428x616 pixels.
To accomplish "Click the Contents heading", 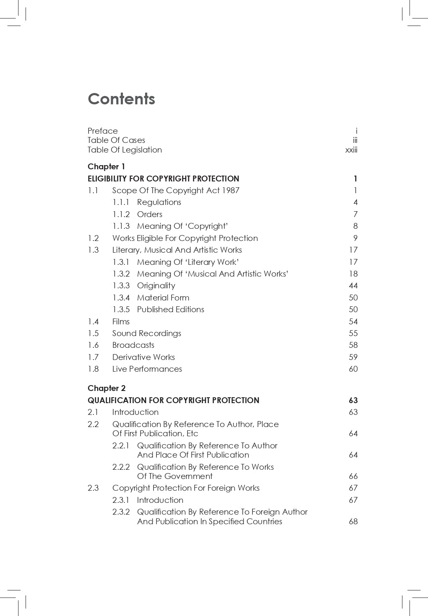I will (121, 99).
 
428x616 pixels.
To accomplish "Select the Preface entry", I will (103, 131).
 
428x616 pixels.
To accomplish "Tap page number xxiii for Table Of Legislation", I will (351, 150).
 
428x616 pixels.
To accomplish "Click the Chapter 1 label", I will (106, 166).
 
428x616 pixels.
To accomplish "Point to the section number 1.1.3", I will (121, 226).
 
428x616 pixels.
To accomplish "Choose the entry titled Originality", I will (156, 286).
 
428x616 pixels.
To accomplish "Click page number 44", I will (353, 286).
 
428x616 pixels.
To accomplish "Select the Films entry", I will (121, 321).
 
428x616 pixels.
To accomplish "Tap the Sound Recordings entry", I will (146, 334).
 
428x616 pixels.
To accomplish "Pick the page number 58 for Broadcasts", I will (353, 345).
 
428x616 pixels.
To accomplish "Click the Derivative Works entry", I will (143, 357).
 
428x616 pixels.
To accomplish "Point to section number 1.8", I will (93, 369).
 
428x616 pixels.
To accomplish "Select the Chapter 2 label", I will (106, 388).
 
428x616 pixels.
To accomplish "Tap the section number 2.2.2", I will (121, 467).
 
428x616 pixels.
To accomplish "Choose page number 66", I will (353, 476).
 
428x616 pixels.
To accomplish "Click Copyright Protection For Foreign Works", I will (186, 488).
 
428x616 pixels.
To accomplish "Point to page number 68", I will (353, 522).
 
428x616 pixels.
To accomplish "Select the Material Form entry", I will (163, 298).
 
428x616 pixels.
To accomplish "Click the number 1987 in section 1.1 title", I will (231, 191).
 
